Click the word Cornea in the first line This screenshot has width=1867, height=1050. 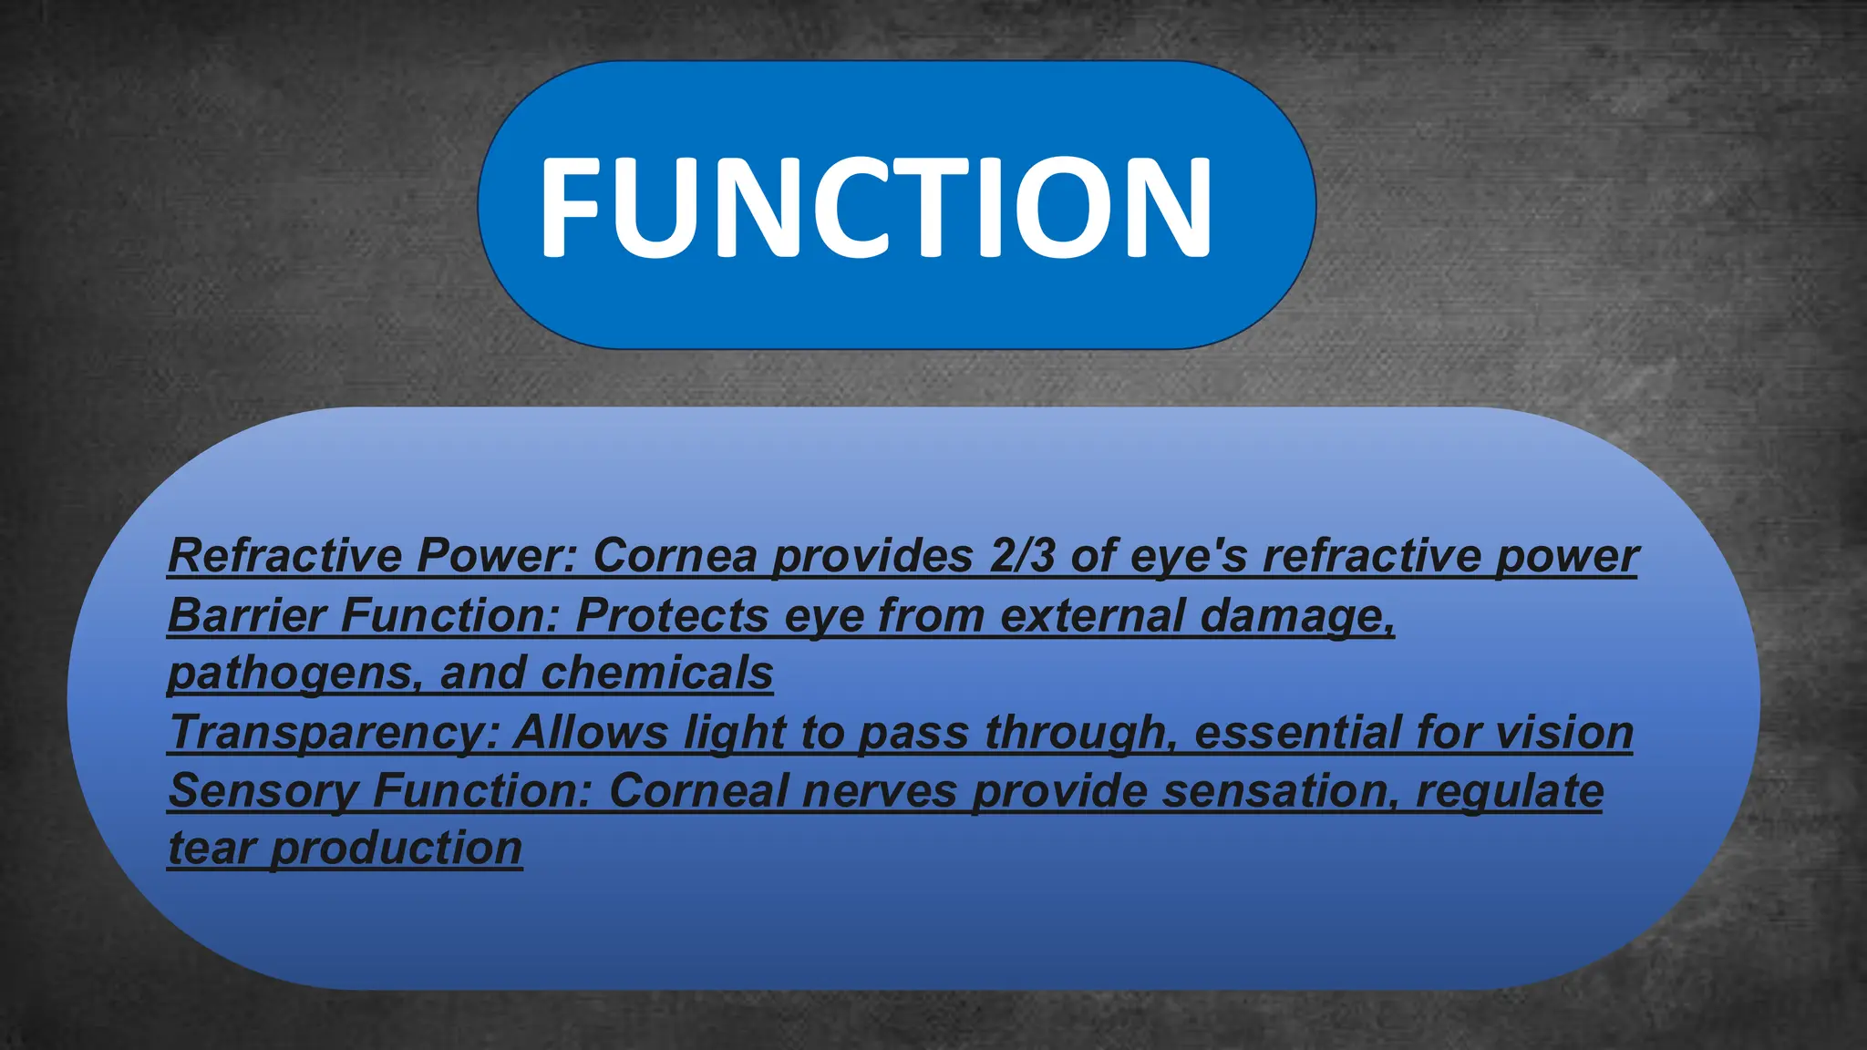pos(675,555)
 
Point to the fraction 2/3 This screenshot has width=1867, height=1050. pos(1022,555)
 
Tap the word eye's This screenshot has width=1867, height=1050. pos(1189,557)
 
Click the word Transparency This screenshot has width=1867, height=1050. pos(334,733)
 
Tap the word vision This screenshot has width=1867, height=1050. pos(1563,732)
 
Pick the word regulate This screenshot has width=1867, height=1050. pos(1509,792)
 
